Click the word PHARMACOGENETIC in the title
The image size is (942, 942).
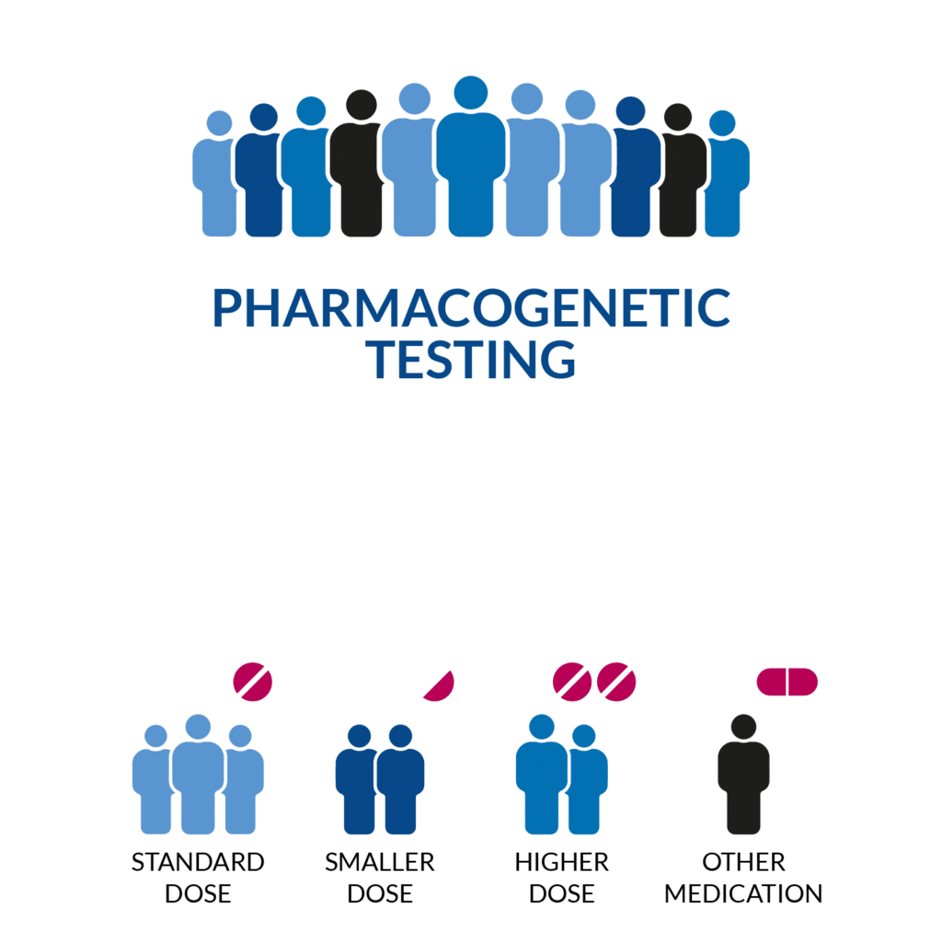[471, 308]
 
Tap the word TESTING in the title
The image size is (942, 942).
[471, 359]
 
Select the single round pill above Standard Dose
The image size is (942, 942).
[253, 682]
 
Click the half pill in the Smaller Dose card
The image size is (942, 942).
[442, 686]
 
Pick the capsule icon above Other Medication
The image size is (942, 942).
[787, 682]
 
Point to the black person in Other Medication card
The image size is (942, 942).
[743, 777]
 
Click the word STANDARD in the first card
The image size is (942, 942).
[198, 863]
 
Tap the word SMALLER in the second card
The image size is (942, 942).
[379, 863]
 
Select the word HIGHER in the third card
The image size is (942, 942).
[561, 863]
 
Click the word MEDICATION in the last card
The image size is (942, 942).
[743, 893]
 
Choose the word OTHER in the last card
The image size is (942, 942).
[743, 863]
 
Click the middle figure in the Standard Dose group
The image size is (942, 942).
[198, 777]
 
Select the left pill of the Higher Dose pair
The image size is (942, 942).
[571, 682]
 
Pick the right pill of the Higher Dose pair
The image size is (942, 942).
[616, 682]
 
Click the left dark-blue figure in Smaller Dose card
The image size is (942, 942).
[358, 782]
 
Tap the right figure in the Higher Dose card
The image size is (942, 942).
[584, 782]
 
